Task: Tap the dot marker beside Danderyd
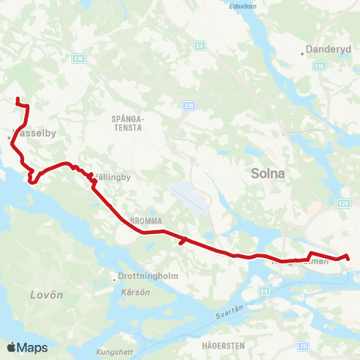[303, 53]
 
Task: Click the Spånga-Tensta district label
[127, 123]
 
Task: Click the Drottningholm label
[148, 275]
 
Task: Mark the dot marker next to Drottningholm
[114, 276]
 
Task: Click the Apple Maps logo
[27, 347]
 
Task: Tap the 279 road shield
[187, 106]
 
